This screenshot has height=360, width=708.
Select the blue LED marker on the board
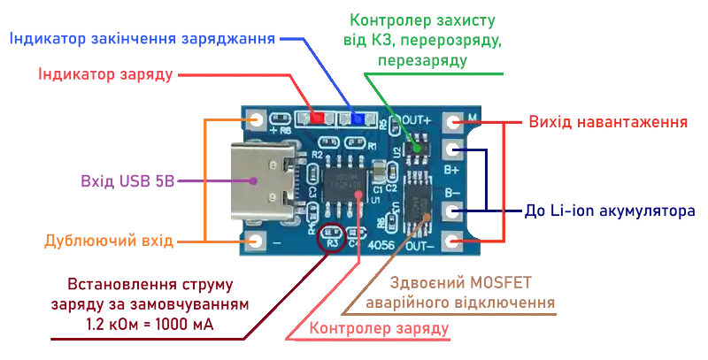pos(358,118)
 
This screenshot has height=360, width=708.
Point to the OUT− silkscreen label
pos(415,245)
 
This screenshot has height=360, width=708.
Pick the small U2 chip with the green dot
pos(416,151)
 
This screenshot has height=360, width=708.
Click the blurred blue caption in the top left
pos(141,39)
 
